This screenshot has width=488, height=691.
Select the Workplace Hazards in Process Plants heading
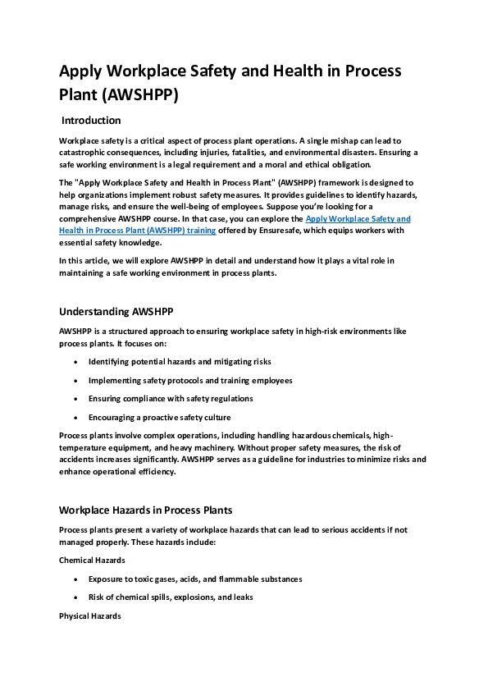(x=146, y=510)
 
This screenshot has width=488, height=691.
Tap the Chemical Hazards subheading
(x=92, y=561)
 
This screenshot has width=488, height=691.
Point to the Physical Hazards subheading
(x=90, y=615)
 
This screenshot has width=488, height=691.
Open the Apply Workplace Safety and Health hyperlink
(x=358, y=219)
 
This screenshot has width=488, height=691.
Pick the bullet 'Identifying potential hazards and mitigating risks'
(x=180, y=361)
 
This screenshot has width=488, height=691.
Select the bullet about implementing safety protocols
(x=190, y=380)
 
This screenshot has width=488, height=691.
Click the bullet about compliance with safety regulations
(x=171, y=399)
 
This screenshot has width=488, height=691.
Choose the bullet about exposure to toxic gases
(x=195, y=579)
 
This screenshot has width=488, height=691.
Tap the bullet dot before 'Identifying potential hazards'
(x=76, y=362)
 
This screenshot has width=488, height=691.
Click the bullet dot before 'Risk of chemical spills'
(x=76, y=598)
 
